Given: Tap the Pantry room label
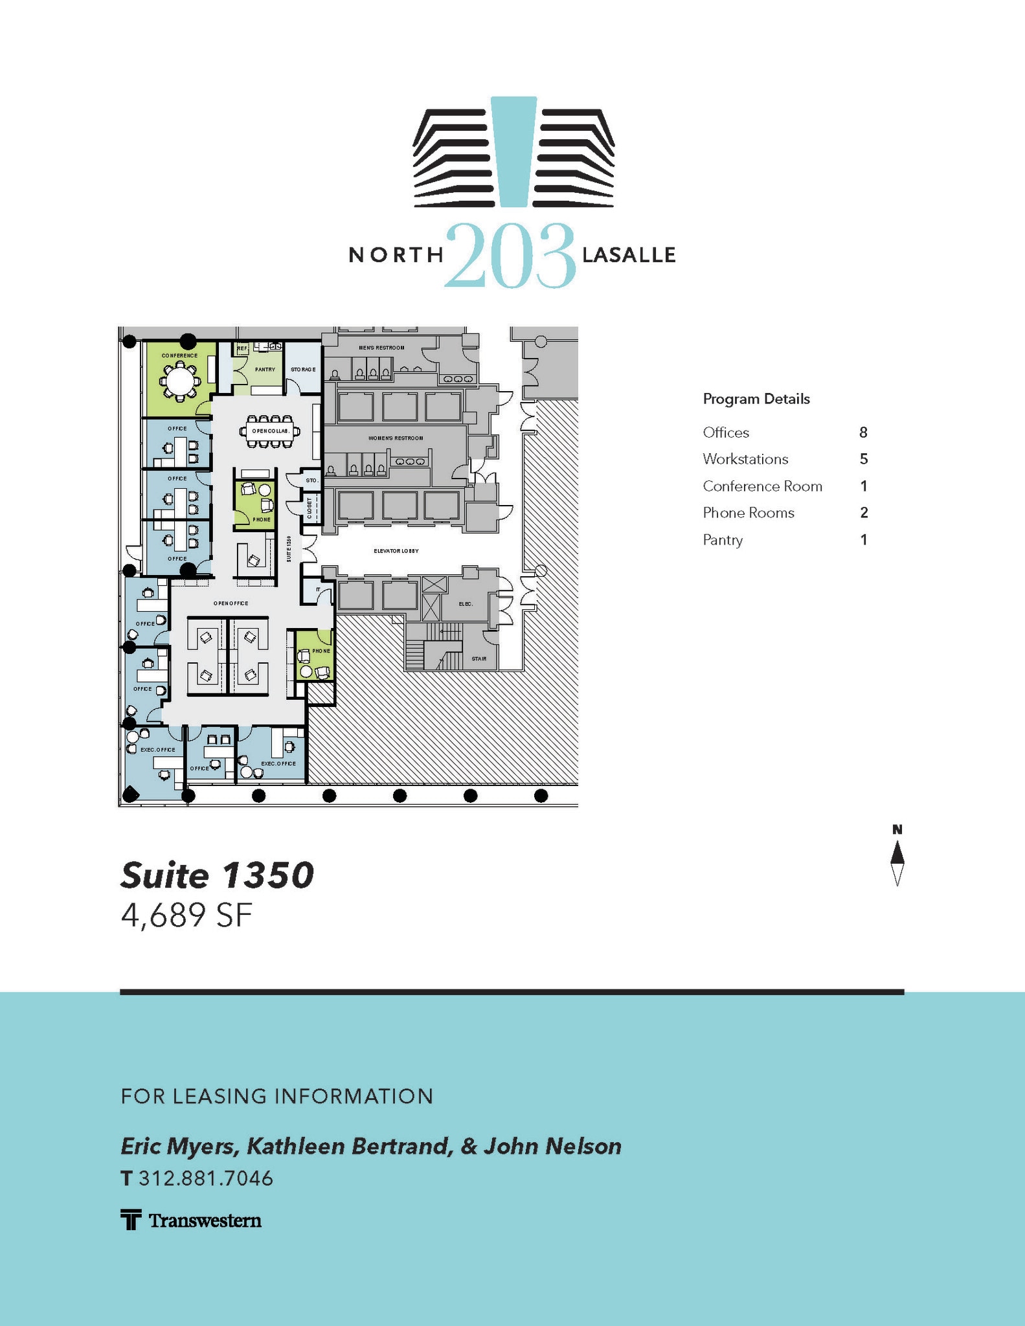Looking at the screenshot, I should pos(265,370).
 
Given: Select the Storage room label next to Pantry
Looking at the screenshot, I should pos(303,370).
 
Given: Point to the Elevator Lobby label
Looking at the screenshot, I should pos(396,551).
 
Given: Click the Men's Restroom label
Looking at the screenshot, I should pos(381,348).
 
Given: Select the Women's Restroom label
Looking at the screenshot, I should pos(396,438).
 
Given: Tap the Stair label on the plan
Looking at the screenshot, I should pos(479,658).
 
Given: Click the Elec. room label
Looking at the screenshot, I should pos(466,604).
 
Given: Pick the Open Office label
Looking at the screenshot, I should pos(231,603).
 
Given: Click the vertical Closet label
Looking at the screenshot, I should pos(310,507).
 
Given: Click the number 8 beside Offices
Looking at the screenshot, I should pos(863,433).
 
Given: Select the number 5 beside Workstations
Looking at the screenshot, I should pos(863,459).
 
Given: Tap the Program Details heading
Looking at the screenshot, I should pos(756,399).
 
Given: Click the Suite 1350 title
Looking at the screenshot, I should pos(217,875).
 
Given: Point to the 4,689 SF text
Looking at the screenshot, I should pos(186,916).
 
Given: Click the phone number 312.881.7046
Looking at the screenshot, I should pos(206,1178).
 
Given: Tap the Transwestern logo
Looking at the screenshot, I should pos(192,1220).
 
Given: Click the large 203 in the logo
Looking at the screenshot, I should pos(510,256).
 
